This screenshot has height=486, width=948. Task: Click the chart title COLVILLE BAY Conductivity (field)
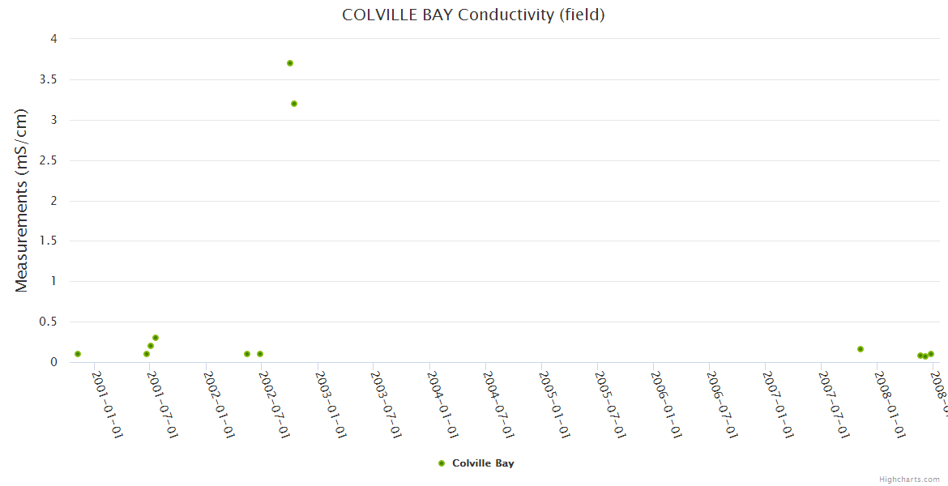[473, 15]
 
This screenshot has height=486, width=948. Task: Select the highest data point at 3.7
[290, 63]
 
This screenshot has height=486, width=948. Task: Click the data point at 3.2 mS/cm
[294, 104]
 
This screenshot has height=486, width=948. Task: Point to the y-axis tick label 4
[53, 39]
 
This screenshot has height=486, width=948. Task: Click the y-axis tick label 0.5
[49, 322]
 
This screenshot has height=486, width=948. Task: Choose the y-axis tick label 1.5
[49, 241]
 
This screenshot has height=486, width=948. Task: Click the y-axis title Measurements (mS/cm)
[22, 200]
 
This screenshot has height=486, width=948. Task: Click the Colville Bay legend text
[483, 463]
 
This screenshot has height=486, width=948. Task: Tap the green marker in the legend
[442, 463]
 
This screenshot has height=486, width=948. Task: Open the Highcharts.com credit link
[909, 480]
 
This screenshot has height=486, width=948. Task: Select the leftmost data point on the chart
[78, 354]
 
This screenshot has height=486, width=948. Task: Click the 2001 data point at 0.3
[156, 338]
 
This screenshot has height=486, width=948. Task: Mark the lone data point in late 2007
[860, 349]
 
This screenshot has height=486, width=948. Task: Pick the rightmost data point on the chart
[931, 354]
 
